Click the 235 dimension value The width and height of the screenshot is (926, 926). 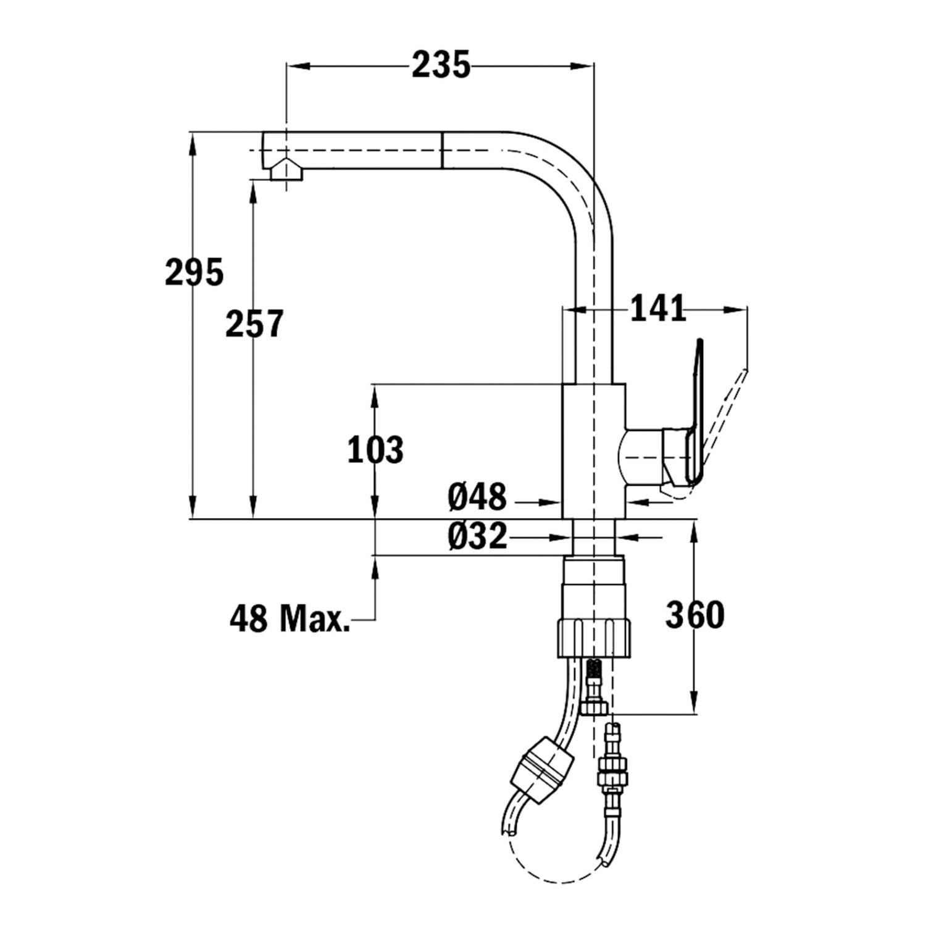(441, 65)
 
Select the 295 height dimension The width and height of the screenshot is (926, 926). (194, 272)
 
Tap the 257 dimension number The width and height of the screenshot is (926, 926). (254, 323)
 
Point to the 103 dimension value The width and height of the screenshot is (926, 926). (375, 449)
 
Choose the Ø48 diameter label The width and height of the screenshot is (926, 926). (477, 497)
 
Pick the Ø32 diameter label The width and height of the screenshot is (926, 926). (477, 536)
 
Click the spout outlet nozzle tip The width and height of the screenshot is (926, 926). (286, 170)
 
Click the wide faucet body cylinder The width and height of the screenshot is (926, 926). (594, 451)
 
